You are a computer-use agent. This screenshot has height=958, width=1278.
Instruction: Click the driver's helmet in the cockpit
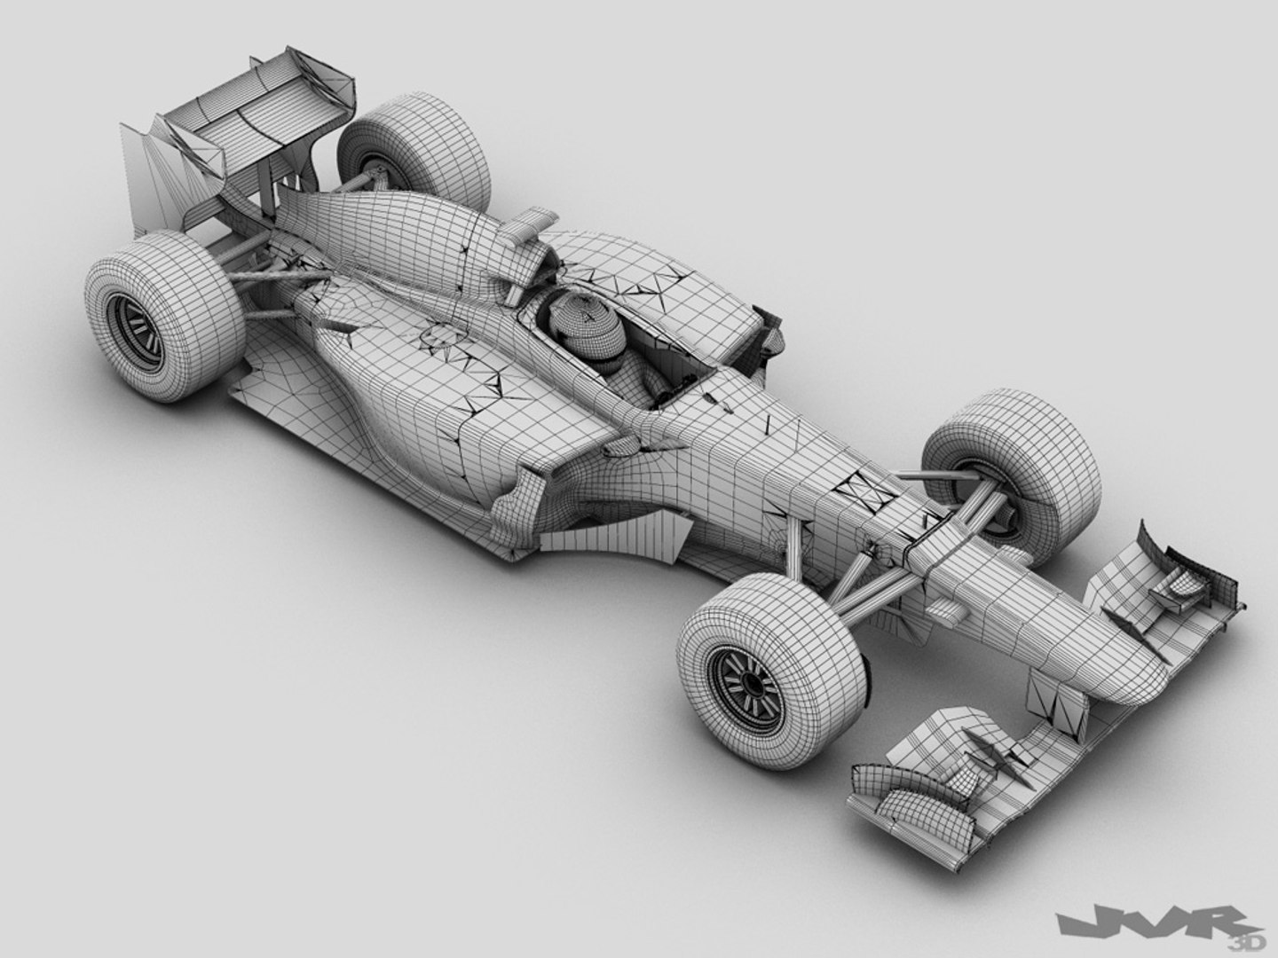pos(575,321)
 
